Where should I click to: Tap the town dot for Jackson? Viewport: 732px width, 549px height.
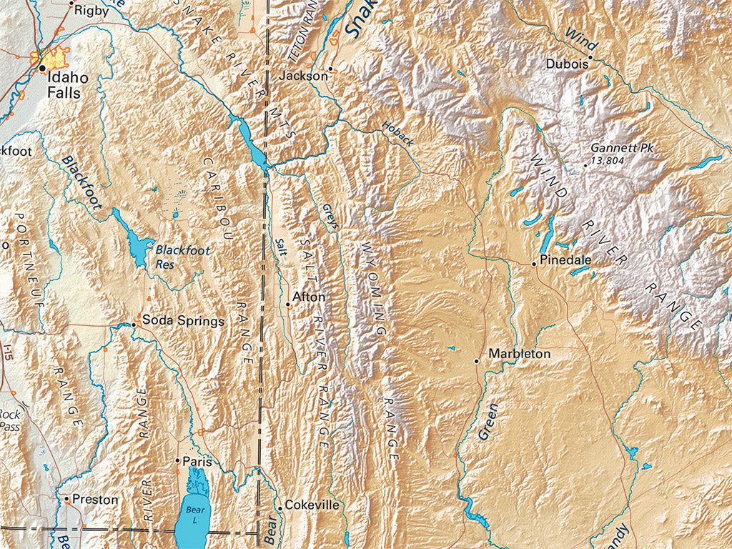coord(330,69)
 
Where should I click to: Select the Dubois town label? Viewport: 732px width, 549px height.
coord(567,63)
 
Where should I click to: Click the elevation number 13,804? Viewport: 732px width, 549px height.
coord(608,162)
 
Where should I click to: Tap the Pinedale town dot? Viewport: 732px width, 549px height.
coord(533,264)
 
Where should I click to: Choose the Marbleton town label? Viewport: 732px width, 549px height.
coord(519,354)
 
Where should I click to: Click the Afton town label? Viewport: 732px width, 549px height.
coord(309,297)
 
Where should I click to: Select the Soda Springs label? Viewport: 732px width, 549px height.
coord(183,321)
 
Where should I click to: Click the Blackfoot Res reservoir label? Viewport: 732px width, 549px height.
coord(174,256)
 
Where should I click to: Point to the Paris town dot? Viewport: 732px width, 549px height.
coord(177,461)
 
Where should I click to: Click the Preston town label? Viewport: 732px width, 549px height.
coord(95,500)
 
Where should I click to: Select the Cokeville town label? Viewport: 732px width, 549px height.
coord(312,505)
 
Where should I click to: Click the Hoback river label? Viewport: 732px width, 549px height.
coord(397,134)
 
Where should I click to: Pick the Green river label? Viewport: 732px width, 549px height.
coord(488,422)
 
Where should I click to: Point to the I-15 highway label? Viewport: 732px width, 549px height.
coord(8,351)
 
